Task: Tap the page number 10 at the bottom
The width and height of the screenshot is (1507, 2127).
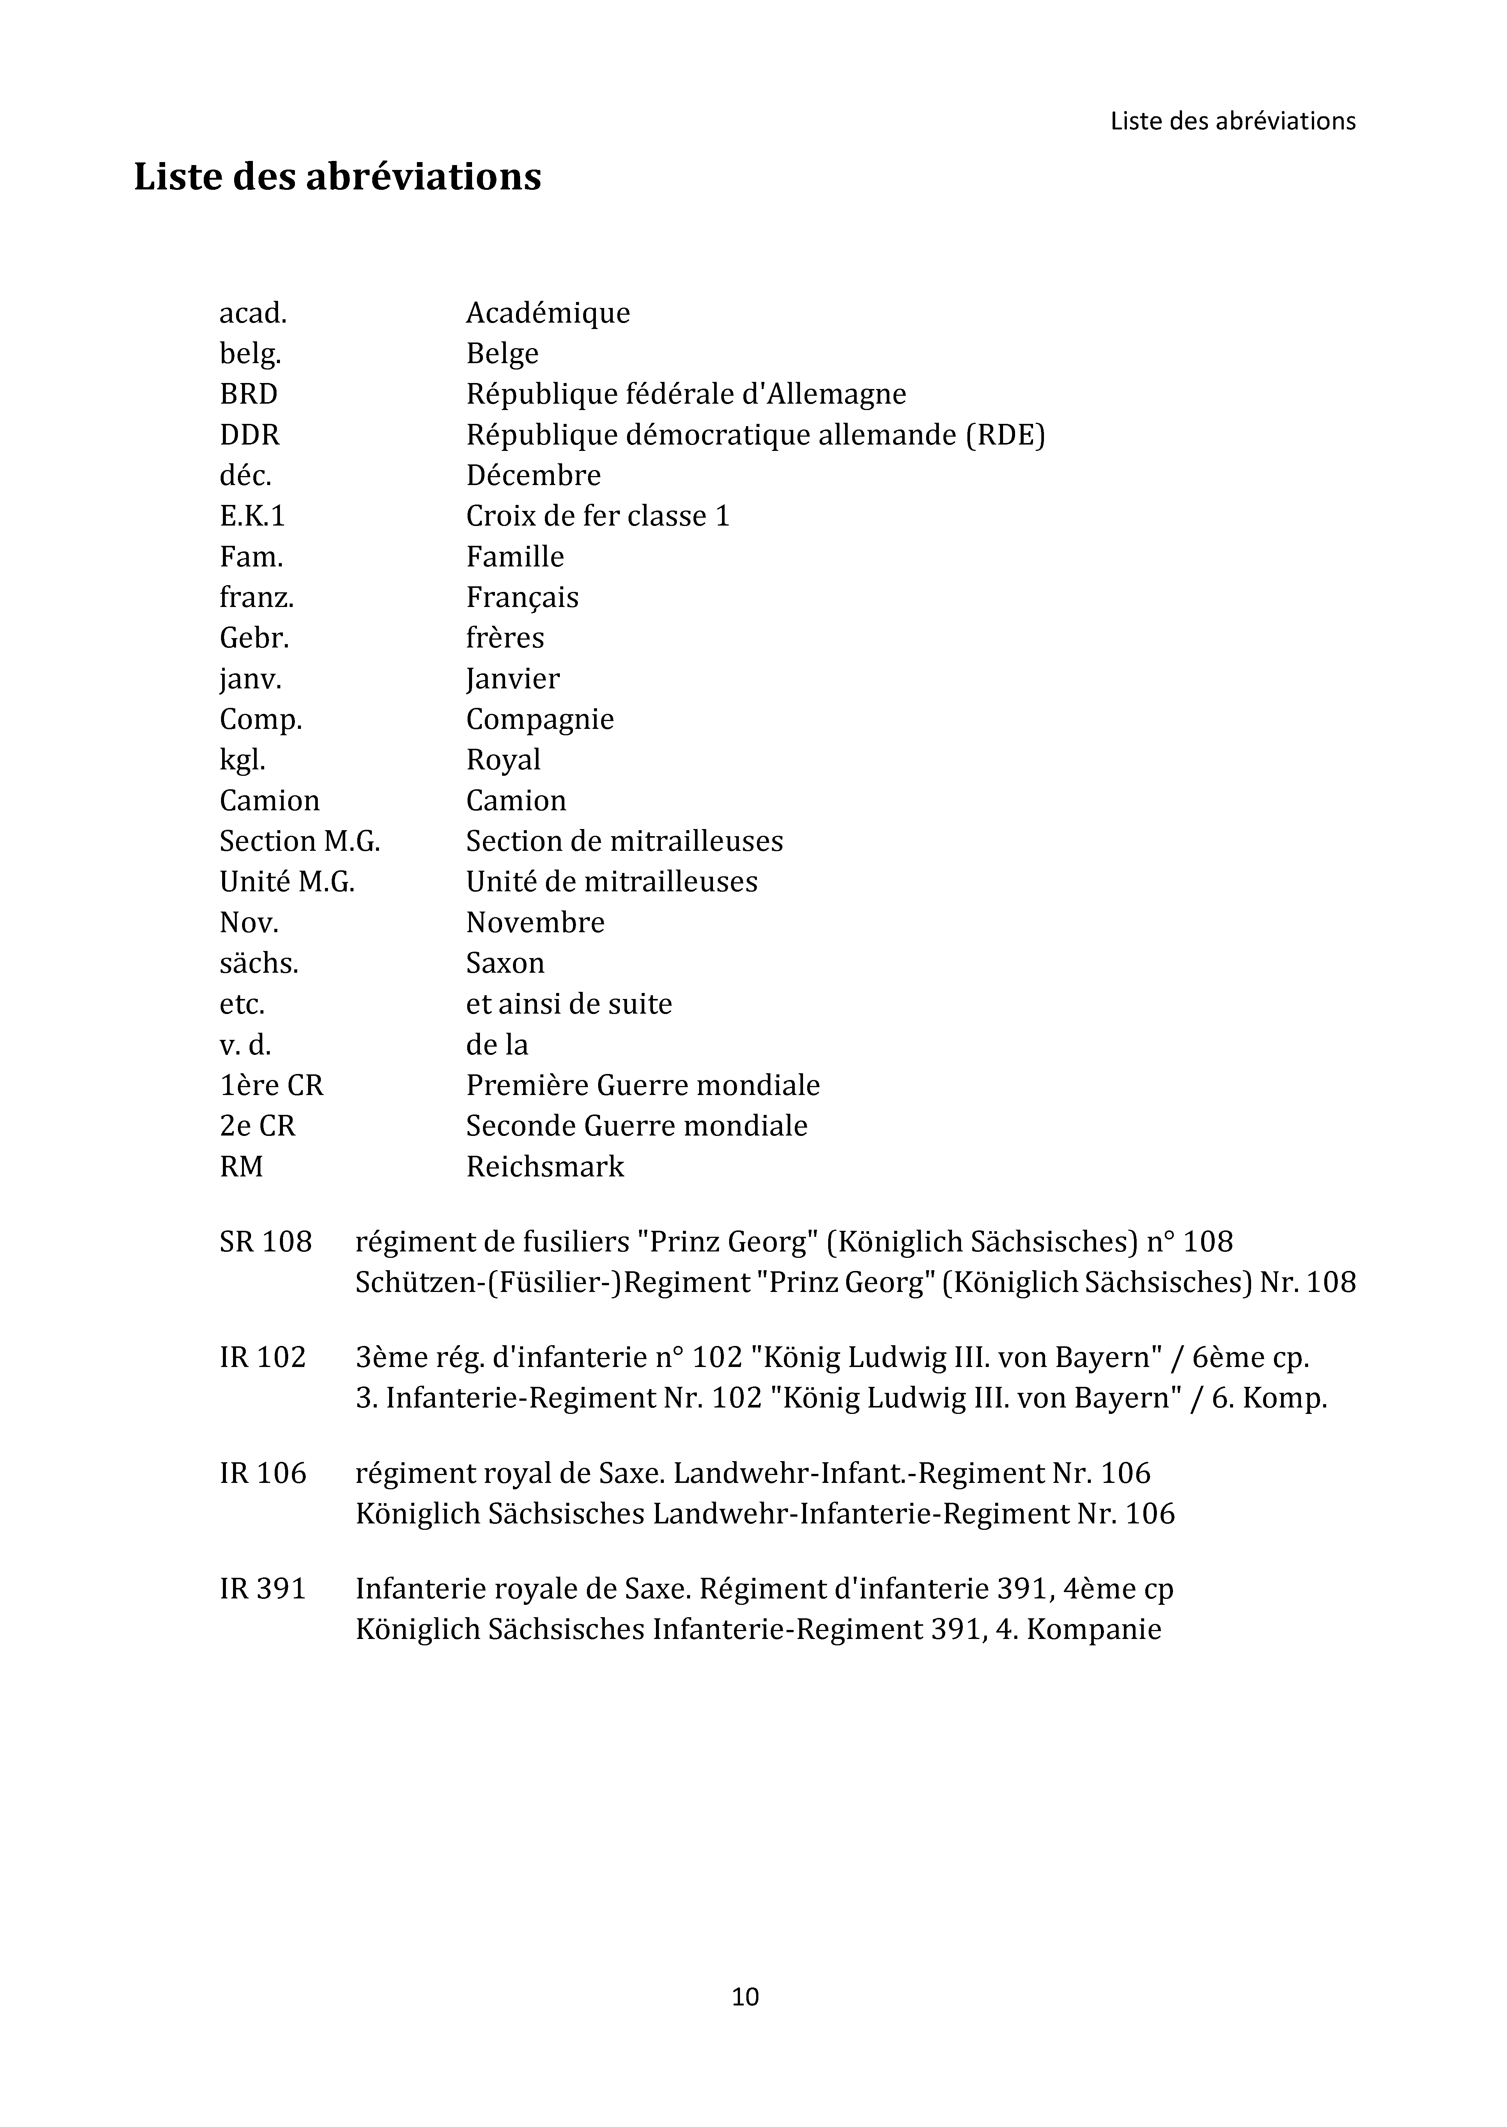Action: (745, 1996)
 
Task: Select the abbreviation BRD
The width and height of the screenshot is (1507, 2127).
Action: (249, 394)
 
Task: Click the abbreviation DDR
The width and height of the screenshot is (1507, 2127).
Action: (250, 435)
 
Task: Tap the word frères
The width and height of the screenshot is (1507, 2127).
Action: (505, 638)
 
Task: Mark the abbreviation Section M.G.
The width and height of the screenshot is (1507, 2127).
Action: (300, 841)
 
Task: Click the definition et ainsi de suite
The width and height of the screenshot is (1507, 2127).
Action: (569, 1004)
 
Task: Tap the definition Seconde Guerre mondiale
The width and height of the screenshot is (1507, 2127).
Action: (636, 1126)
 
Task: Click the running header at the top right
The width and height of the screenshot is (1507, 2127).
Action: (1232, 122)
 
